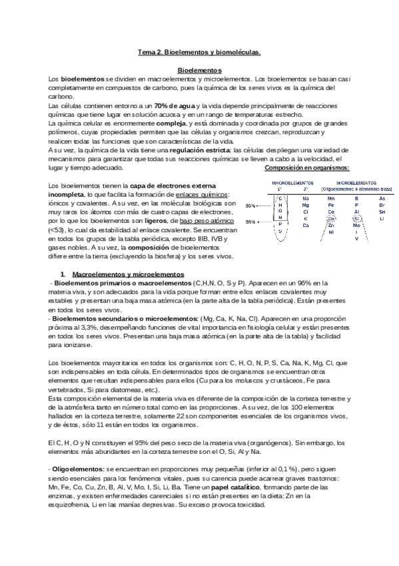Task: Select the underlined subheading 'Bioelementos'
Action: pos(199,69)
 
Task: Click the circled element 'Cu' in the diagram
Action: pos(332,218)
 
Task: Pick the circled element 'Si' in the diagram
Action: pos(356,218)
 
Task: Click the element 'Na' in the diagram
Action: pos(305,198)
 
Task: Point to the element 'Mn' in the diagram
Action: pos(331,198)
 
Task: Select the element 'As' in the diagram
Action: pos(382,198)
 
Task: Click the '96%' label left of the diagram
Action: pos(250,206)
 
